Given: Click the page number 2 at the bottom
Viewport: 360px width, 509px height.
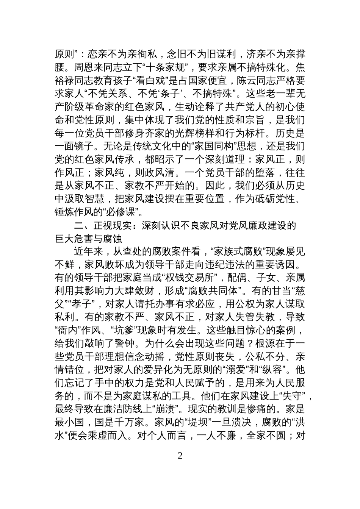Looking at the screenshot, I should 180,455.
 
